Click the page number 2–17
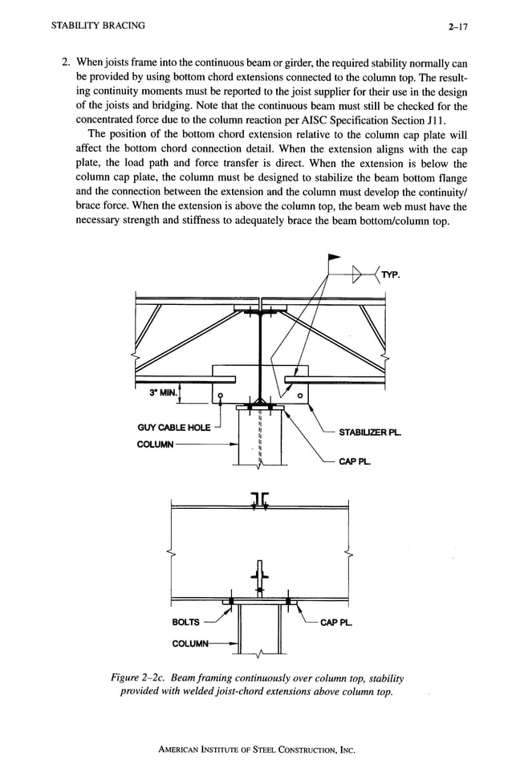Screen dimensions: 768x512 tap(459, 26)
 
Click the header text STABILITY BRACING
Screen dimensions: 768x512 tap(98, 25)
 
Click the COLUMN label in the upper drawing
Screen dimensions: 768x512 tap(158, 442)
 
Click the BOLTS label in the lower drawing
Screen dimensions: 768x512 tap(186, 622)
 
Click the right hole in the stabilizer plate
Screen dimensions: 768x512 tap(299, 395)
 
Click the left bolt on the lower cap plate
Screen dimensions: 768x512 tap(230, 600)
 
